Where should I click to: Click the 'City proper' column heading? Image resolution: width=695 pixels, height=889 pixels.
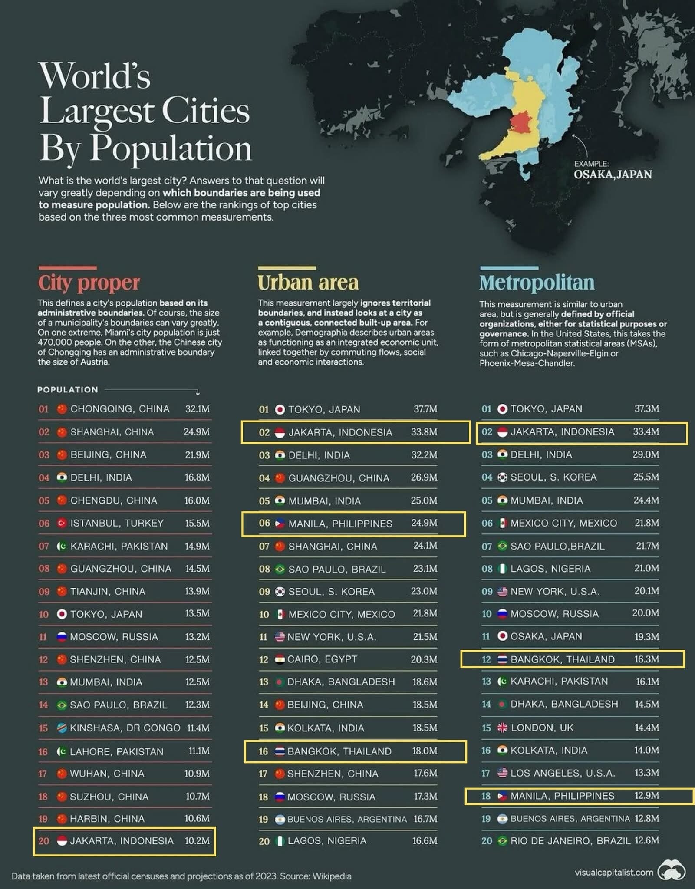pos(89,283)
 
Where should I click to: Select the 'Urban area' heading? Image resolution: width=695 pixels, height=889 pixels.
pos(308,283)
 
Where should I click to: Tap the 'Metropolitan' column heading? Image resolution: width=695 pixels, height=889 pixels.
pos(537,283)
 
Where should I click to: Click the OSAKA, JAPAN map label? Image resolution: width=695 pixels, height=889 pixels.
pos(613,175)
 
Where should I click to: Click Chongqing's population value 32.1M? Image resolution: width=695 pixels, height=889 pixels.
pos(198,409)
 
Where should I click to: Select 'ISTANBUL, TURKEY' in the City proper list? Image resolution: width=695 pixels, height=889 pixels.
pos(117,523)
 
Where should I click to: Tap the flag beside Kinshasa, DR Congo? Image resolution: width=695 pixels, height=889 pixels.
pos(62,728)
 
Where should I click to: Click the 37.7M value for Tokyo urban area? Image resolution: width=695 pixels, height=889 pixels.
pos(425,409)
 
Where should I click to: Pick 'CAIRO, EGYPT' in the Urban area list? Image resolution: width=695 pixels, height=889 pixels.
pos(322,659)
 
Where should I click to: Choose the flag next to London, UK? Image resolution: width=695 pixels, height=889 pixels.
pos(502,728)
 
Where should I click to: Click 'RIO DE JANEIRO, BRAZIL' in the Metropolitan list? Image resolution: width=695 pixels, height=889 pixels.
pos(570,841)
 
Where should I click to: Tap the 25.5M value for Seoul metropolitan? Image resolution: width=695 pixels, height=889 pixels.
pos(646,477)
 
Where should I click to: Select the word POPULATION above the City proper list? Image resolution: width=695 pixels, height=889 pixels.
pos(68,390)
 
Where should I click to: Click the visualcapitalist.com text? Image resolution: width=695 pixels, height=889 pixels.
pos(614,872)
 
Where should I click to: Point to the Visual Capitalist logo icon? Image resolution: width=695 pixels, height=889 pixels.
pos(671,871)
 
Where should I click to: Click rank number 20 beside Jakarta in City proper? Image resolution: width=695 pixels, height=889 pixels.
pos(44,841)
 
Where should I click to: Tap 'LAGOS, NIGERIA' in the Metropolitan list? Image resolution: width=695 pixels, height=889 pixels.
pos(550,569)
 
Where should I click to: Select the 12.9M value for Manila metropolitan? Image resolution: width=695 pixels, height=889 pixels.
pos(647,796)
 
